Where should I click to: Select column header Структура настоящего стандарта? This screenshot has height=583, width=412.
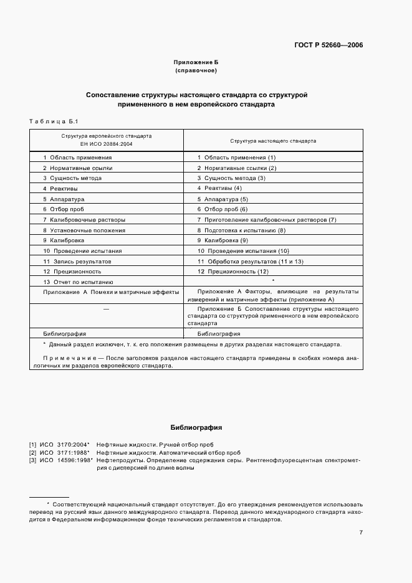[x=273, y=140]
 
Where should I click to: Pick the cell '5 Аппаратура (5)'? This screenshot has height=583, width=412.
[x=223, y=199]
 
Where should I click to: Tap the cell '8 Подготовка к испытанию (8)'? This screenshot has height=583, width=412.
[x=241, y=230]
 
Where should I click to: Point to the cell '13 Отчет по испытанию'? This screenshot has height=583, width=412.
[x=78, y=282]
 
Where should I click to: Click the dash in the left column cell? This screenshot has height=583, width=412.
[x=106, y=309]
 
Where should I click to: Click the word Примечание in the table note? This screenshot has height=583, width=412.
[x=64, y=358]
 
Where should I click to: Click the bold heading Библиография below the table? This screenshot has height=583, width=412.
[x=196, y=428]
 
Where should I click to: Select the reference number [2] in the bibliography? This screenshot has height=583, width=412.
[x=33, y=452]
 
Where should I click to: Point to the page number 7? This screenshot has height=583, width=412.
[x=361, y=532]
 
